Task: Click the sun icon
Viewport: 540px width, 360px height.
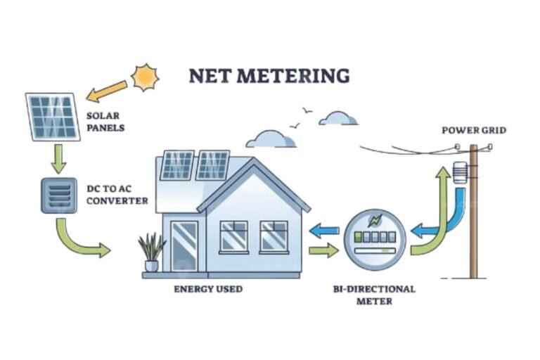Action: point(146,77)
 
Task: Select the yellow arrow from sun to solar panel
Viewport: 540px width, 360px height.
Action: point(107,91)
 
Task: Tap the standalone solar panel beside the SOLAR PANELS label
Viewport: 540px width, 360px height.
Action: point(53,116)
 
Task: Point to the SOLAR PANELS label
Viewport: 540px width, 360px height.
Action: point(106,122)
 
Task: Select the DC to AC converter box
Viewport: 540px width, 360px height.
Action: point(58,194)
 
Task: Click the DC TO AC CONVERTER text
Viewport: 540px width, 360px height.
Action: point(115,195)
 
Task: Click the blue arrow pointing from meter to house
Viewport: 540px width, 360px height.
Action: point(325,229)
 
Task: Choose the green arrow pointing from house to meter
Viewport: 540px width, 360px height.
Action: point(323,250)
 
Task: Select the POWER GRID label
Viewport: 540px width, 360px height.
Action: point(474,130)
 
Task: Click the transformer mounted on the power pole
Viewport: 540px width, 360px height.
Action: point(460,172)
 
